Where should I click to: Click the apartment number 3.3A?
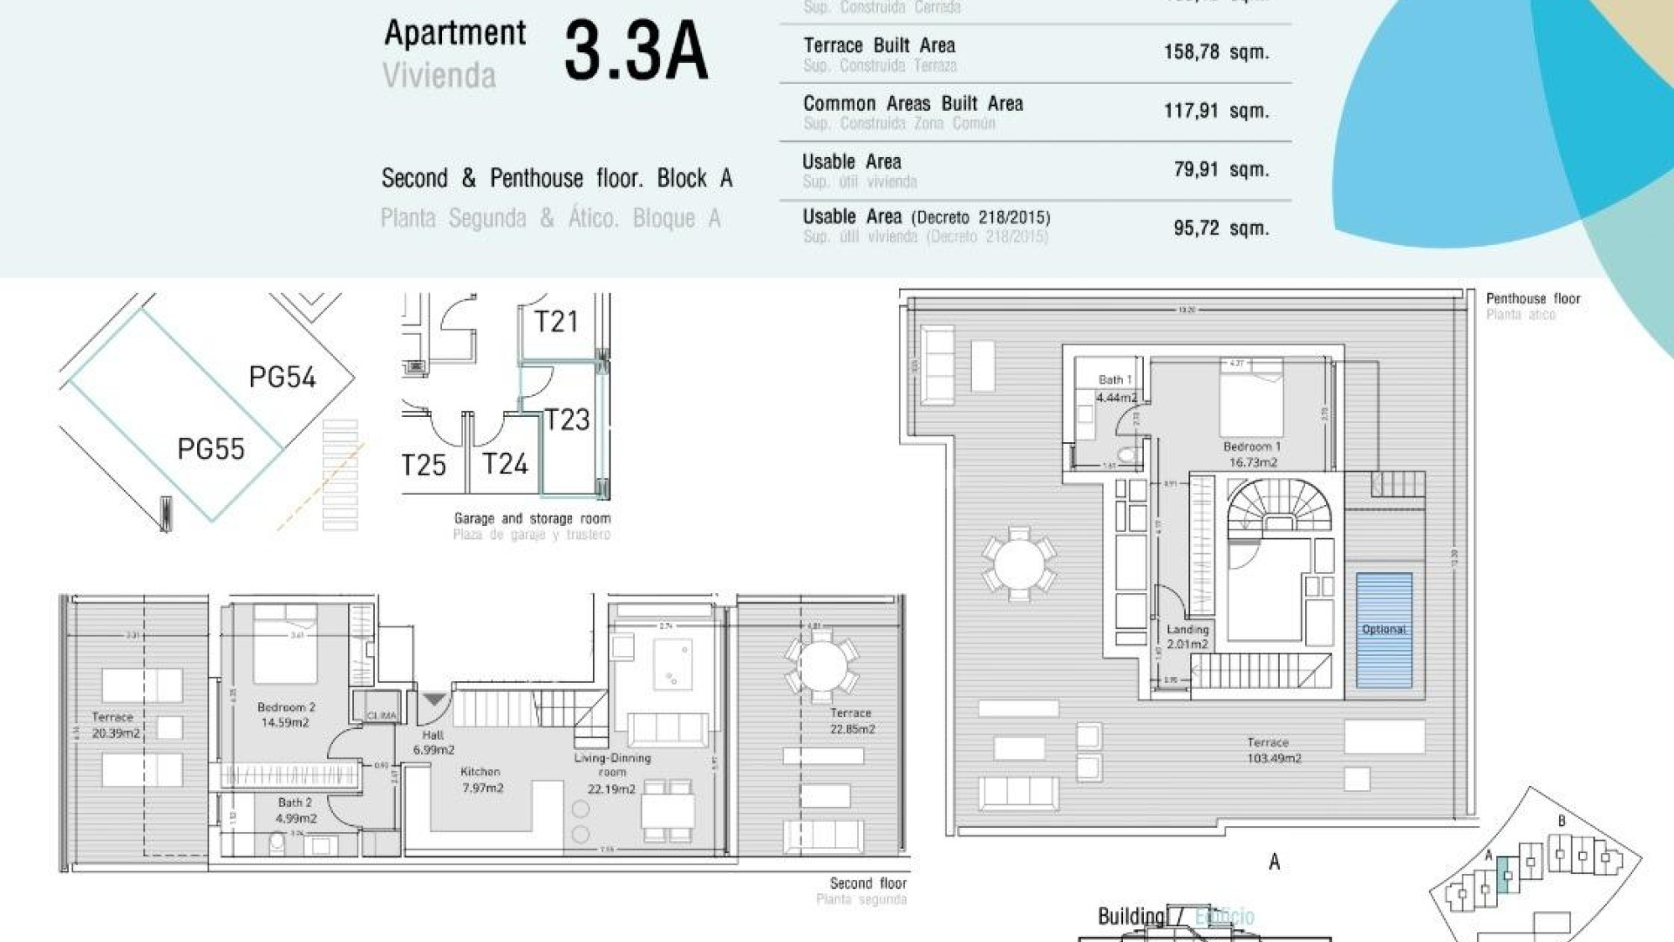tap(636, 52)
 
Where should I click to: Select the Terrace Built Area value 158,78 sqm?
tap(1215, 52)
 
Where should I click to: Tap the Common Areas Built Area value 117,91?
tap(1215, 111)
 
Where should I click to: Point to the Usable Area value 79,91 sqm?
tap(1221, 169)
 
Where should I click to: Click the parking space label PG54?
tap(282, 377)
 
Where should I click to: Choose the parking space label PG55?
tap(211, 449)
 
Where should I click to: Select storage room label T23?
tap(567, 420)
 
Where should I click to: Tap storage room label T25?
tap(424, 465)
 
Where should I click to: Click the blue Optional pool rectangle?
tap(1384, 630)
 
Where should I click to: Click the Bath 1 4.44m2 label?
tap(1116, 389)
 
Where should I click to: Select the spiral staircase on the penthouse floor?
tap(1278, 508)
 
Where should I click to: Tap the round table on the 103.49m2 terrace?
tap(1018, 563)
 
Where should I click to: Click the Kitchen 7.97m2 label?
tap(481, 780)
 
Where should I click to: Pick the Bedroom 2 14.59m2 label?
tap(285, 714)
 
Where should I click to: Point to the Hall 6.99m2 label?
tap(433, 742)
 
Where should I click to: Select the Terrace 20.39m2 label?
tap(114, 725)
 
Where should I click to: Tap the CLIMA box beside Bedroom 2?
tap(381, 713)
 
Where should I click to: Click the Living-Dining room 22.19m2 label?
tap(612, 773)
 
